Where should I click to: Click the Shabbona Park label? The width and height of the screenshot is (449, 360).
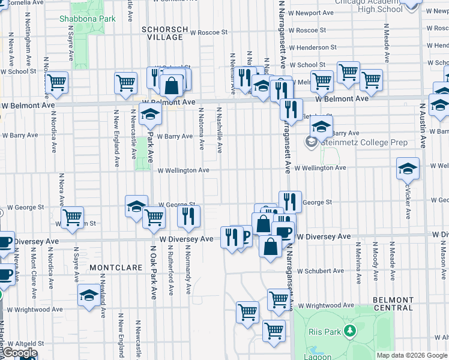(x=87, y=19)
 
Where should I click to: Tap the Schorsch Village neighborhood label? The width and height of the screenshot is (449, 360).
(x=165, y=33)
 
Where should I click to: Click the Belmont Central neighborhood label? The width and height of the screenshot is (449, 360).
(x=393, y=304)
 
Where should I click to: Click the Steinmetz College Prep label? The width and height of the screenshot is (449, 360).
(x=364, y=143)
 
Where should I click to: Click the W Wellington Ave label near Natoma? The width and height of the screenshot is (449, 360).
(x=183, y=170)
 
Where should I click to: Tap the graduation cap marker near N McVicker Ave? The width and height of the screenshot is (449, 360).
(x=408, y=170)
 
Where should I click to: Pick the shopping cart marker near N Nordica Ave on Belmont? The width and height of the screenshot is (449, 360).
(x=56, y=83)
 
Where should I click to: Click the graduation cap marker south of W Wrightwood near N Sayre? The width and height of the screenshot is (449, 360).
(x=88, y=296)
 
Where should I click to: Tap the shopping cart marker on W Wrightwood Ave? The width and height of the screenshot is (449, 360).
(x=278, y=300)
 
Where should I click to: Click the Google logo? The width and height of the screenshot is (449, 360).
(x=20, y=353)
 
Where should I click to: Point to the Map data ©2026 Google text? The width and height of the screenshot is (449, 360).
(x=412, y=355)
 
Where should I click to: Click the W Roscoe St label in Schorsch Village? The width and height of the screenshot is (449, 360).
(x=208, y=32)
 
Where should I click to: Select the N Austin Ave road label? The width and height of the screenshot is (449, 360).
(x=423, y=125)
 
